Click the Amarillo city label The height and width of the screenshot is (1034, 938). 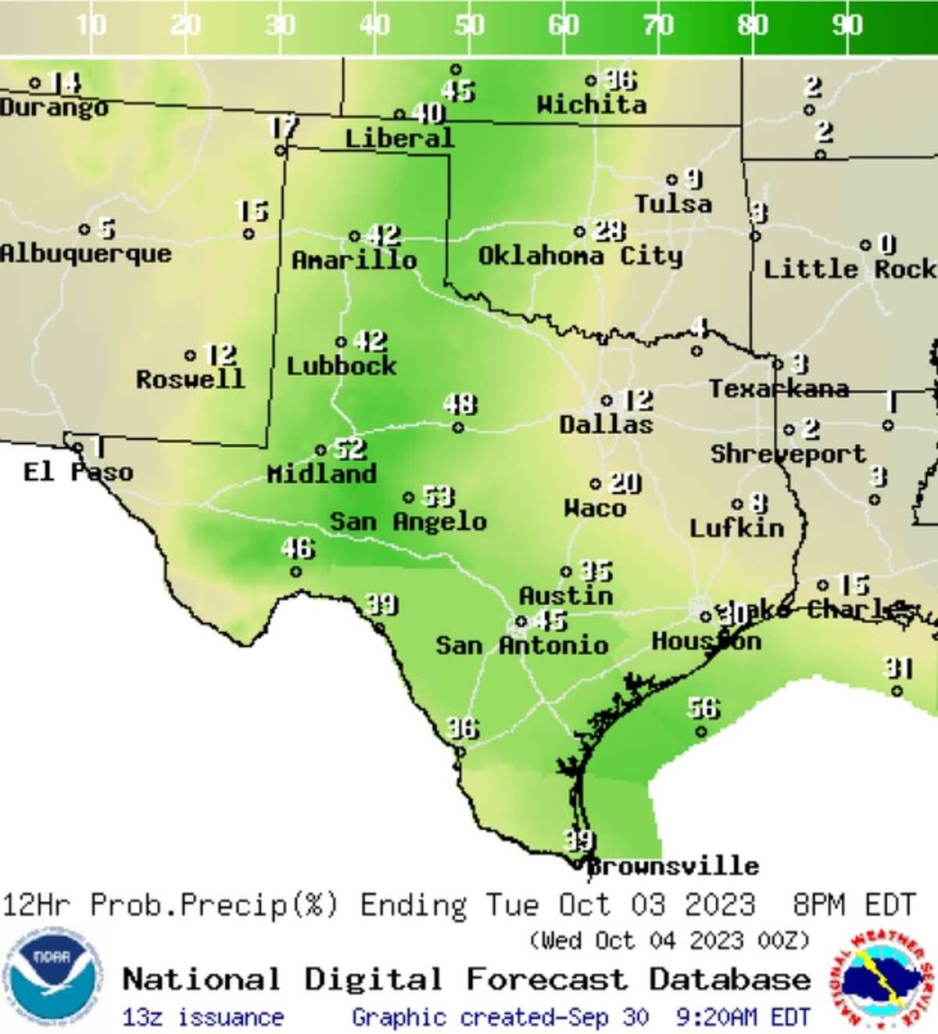pos(354,259)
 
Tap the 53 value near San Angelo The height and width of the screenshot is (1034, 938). pos(439,496)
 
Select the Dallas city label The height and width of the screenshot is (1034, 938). pos(606,424)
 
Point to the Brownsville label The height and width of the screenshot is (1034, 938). pos(673,866)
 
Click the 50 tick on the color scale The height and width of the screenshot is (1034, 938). pos(469,26)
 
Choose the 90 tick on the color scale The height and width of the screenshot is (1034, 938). pos(847,26)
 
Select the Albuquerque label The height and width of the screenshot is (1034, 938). pos(85,253)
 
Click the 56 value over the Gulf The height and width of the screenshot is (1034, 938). pos(703,708)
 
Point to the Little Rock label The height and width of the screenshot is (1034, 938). pos(849,269)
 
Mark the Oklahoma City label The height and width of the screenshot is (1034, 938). pos(580,256)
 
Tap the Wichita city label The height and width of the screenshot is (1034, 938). pos(592,104)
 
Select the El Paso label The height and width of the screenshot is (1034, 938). pos(78,472)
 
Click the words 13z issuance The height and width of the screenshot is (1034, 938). pos(202,1017)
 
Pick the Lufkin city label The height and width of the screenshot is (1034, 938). pos(736,528)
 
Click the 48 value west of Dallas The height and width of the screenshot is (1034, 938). pos(460,404)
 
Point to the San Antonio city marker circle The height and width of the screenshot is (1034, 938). pos(521,623)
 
